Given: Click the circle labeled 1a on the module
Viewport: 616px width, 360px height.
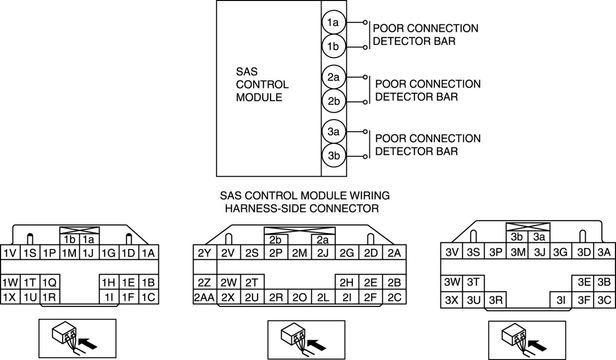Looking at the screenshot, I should (333, 22).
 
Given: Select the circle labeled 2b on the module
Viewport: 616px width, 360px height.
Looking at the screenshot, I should (333, 102).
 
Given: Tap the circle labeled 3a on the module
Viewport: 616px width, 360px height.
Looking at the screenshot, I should (333, 132).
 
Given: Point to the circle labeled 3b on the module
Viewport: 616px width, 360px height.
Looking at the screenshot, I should (333, 156).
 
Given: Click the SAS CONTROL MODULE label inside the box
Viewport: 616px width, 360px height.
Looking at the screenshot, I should (262, 84).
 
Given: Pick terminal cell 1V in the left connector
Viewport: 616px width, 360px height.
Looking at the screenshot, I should (10, 252).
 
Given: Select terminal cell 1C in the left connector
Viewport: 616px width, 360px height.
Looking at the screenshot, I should (148, 296).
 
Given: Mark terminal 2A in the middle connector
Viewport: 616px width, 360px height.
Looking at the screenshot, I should (395, 252).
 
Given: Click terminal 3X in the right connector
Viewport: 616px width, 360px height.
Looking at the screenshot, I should (451, 300).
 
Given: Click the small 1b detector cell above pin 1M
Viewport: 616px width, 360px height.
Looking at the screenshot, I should (69, 239).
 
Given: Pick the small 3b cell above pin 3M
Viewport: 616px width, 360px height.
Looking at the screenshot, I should (517, 237).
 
